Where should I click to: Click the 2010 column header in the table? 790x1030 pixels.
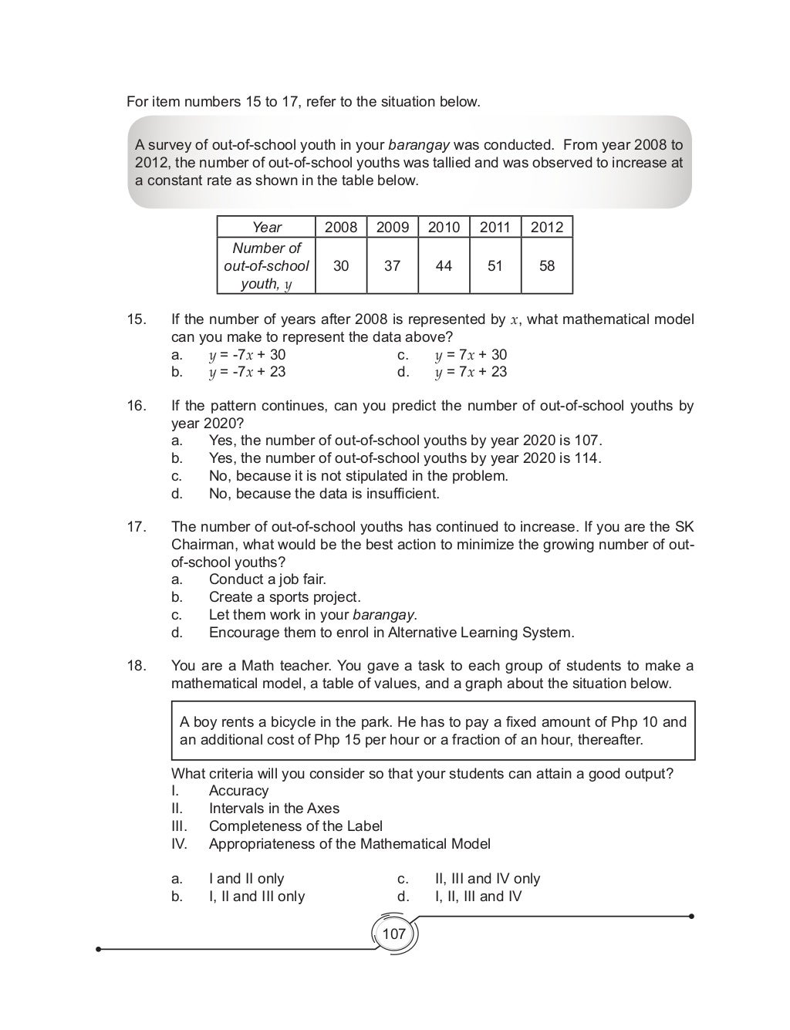point(444,227)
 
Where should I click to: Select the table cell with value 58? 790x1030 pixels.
point(546,265)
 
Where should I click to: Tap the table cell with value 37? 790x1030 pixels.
point(392,265)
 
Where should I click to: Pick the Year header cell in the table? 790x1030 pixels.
point(266,227)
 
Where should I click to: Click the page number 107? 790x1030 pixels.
point(393,934)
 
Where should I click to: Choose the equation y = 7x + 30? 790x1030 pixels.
point(471,355)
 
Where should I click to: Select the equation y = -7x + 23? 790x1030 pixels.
point(247,372)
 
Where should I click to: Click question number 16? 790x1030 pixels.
point(136,406)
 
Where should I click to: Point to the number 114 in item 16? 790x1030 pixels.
point(587,458)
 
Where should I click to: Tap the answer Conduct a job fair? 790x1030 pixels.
point(267,579)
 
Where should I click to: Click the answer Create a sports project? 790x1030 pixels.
point(284,597)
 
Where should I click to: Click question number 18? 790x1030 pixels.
point(136,666)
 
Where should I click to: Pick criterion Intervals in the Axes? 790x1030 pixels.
point(274,809)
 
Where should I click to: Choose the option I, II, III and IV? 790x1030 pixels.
point(478,897)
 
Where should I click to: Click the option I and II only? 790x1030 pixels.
point(246,879)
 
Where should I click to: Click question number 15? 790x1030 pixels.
point(136,319)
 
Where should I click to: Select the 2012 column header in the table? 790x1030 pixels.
point(547,227)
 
